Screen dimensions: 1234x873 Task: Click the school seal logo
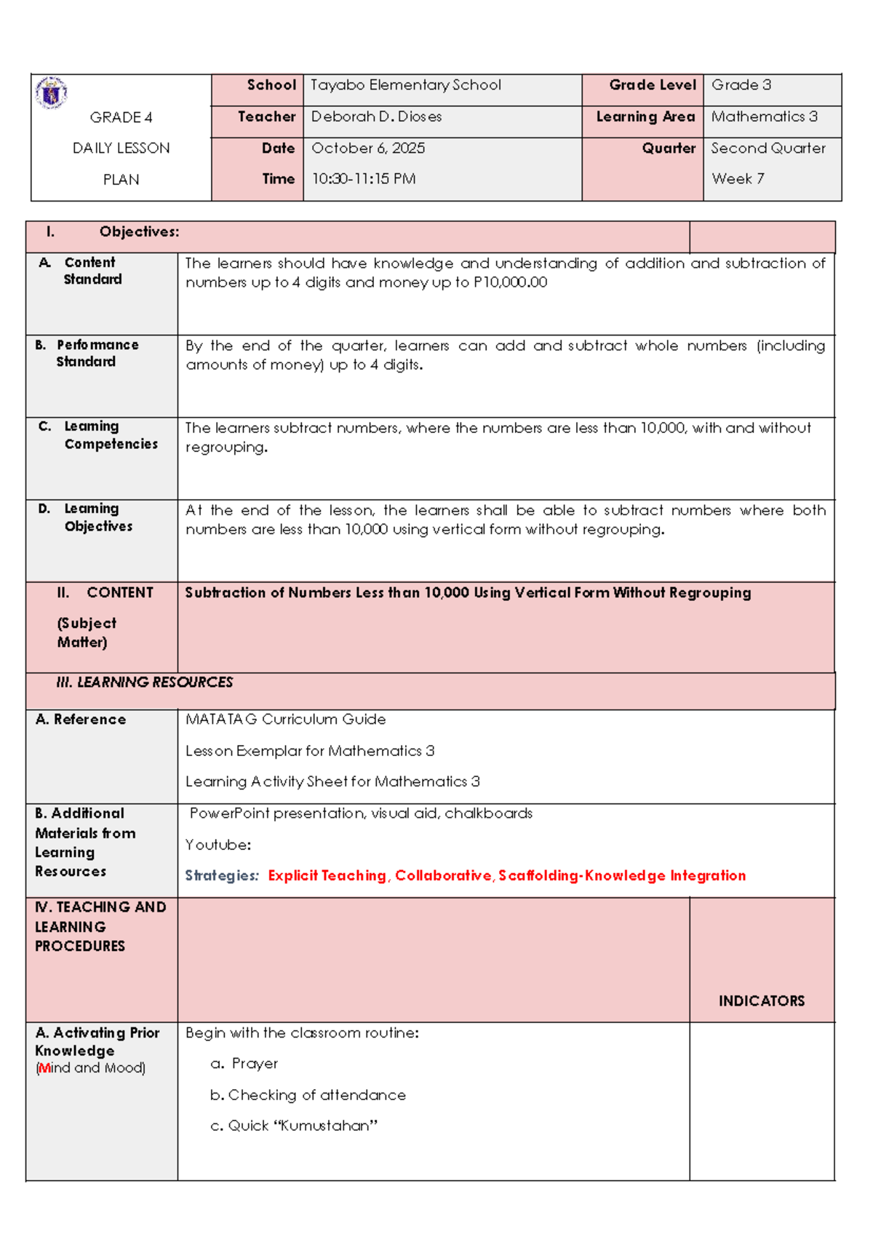[51, 93]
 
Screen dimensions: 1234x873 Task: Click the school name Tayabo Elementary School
[405, 85]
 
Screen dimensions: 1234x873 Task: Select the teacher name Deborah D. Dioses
[376, 116]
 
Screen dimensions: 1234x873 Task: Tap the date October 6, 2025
[368, 148]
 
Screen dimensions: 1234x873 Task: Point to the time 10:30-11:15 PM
[364, 179]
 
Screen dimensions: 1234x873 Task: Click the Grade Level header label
[653, 85]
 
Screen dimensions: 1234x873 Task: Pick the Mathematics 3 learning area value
[764, 116]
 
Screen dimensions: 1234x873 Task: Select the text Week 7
[738, 179]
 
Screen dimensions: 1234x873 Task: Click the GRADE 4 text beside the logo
[121, 117]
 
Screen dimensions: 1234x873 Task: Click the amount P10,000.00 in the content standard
[510, 282]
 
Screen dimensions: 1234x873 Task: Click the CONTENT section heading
[119, 593]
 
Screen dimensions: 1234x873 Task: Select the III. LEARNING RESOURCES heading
[144, 682]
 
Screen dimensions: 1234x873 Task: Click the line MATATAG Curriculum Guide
[285, 720]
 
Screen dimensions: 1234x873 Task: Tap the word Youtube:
[218, 845]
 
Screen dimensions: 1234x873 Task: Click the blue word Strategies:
[221, 876]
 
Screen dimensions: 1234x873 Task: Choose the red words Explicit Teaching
[327, 876]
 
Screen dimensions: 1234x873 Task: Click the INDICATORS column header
[761, 1001]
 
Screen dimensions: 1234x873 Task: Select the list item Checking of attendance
[316, 1095]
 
